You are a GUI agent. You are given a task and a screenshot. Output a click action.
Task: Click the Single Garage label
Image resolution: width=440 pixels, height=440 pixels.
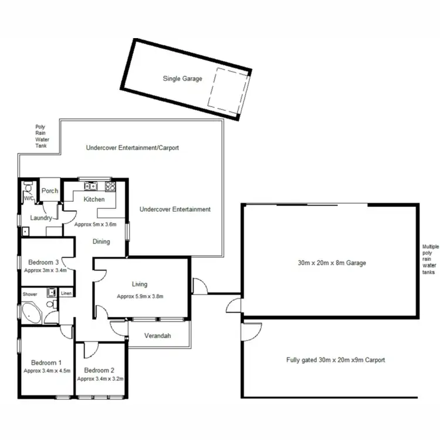[x=182, y=78]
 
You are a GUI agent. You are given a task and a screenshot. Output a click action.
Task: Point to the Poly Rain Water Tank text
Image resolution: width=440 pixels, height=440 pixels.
[x=40, y=136]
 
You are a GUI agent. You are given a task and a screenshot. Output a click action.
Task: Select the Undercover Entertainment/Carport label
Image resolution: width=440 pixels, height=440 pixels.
[x=132, y=148]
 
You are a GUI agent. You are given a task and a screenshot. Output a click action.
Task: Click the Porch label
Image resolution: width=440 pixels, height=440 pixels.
[x=50, y=191]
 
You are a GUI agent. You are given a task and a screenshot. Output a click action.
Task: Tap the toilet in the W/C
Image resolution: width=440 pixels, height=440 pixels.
[x=27, y=188]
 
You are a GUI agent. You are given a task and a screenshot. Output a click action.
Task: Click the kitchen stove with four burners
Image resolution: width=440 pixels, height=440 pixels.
[x=109, y=187]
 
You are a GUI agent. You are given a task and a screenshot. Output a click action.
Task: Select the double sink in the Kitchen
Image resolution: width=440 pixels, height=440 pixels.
[x=91, y=187]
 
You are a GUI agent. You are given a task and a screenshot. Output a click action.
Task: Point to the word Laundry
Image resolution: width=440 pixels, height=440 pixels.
[x=41, y=218]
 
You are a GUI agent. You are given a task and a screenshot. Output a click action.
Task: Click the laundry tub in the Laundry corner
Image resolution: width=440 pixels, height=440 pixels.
[x=25, y=231]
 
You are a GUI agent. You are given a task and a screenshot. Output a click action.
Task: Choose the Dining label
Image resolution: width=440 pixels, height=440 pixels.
[x=102, y=241]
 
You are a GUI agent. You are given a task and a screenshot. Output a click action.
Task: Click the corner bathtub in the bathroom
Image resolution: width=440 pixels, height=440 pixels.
[x=31, y=313]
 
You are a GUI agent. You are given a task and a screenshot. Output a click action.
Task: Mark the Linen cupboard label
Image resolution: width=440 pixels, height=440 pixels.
[x=66, y=293]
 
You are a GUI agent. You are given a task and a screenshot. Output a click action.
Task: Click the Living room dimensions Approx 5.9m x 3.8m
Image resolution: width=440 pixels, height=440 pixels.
[x=140, y=296]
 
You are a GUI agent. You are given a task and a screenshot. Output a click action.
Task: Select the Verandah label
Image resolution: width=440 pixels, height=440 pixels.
[x=157, y=336]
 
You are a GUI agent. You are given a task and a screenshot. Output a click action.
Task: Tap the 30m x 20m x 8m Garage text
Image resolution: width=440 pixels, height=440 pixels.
[x=331, y=263]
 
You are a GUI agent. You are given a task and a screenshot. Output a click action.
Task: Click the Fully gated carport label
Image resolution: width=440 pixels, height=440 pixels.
[x=336, y=360]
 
